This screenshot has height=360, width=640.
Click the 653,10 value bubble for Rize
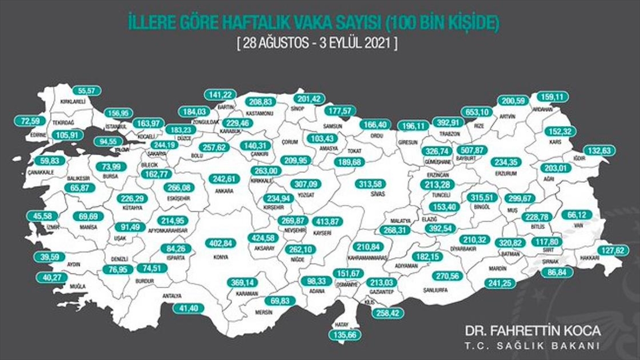pyautogui.click(x=477, y=113)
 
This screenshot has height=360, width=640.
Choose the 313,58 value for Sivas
pyautogui.click(x=372, y=184)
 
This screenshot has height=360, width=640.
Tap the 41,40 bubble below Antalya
pyautogui.click(x=189, y=308)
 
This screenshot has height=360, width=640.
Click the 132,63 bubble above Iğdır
pyautogui.click(x=598, y=151)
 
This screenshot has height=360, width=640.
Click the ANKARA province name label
pyautogui.click(x=225, y=190)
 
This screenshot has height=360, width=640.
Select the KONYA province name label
pyautogui.click(x=220, y=257)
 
